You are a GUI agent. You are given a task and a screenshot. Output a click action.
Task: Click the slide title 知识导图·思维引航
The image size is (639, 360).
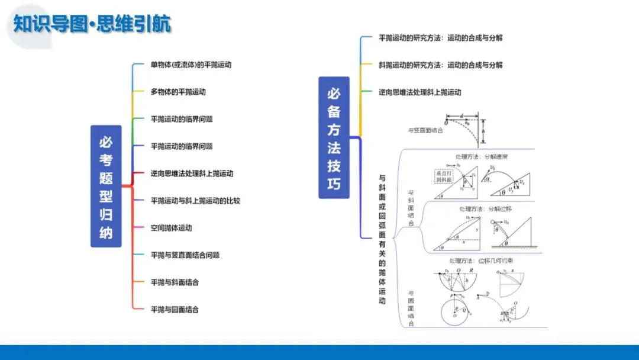click(x=92, y=24)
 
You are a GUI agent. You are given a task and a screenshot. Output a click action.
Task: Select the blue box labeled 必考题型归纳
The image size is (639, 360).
click(x=106, y=186)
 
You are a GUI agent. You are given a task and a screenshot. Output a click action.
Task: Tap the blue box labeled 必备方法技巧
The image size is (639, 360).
click(x=334, y=137)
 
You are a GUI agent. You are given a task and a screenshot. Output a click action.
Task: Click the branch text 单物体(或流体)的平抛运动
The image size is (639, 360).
click(x=186, y=65)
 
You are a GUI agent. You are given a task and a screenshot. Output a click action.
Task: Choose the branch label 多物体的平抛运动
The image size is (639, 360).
click(x=178, y=92)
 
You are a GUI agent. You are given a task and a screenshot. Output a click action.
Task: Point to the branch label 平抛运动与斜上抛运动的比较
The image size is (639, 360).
click(x=195, y=201)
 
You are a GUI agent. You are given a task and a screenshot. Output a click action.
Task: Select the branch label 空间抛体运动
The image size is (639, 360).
click(x=171, y=228)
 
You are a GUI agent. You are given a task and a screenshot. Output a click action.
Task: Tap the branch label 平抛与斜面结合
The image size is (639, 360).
click(x=175, y=282)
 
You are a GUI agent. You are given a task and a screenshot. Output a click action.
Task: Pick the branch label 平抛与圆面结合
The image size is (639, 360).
click(x=175, y=310)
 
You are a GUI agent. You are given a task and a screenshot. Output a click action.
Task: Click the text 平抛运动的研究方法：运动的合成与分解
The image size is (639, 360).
click(x=440, y=38)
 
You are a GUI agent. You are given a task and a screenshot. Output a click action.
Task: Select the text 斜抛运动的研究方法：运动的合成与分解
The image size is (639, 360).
click(x=440, y=65)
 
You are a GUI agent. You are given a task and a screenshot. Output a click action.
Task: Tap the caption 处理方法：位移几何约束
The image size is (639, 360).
click(x=478, y=261)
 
